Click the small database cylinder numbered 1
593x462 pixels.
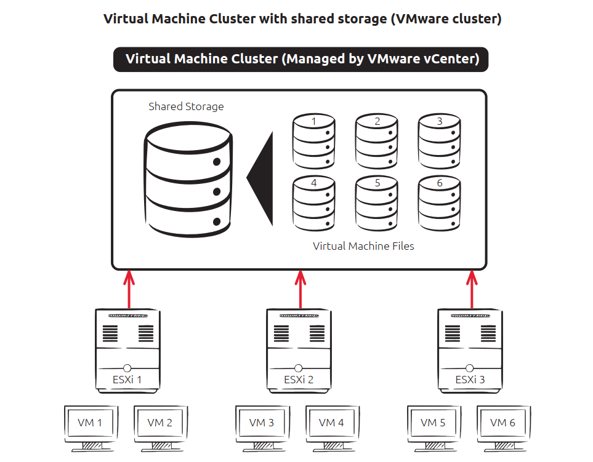(314, 141)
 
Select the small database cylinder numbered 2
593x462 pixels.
(377, 141)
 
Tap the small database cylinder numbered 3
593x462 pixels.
(439, 141)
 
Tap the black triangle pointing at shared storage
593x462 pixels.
(262, 178)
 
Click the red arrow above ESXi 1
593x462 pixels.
(129, 289)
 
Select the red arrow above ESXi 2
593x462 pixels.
(300, 289)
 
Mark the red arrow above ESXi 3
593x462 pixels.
(472, 289)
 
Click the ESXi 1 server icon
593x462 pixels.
(128, 348)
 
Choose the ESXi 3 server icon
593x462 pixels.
(470, 348)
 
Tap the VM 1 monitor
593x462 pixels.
(91, 425)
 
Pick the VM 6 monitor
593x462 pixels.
(502, 425)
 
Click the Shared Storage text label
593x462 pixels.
(186, 106)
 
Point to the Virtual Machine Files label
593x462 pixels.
(363, 246)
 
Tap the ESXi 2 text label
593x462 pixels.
(299, 380)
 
